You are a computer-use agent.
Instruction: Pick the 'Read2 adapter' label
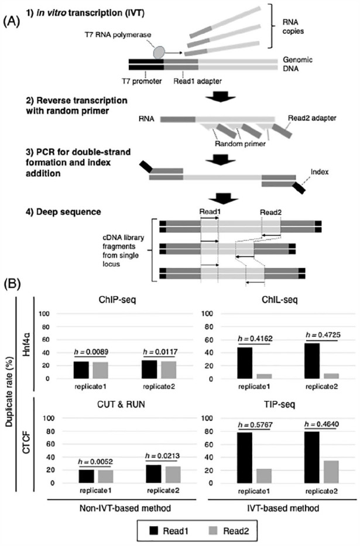(316, 117)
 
